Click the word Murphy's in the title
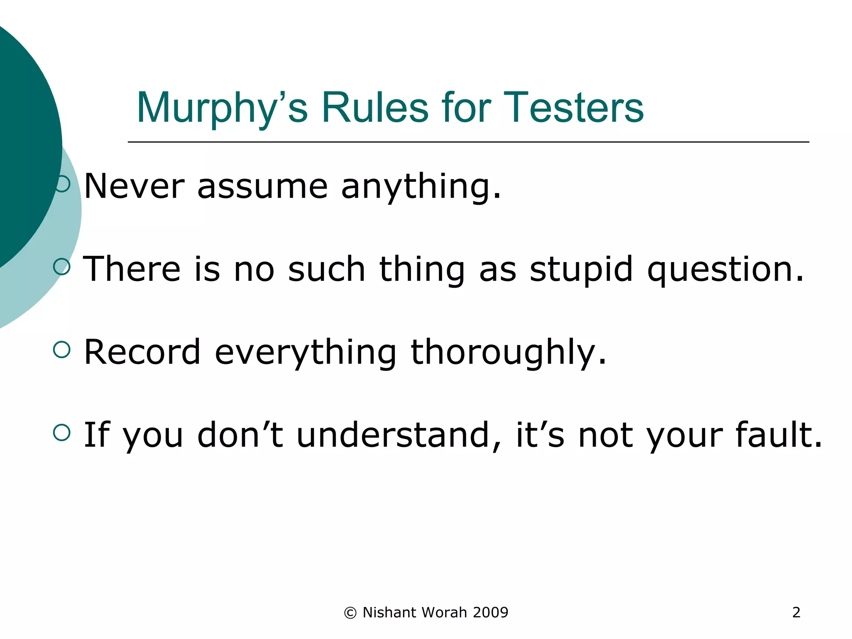pyautogui.click(x=222, y=108)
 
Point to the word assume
pyautogui.click(x=263, y=187)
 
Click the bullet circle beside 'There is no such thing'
pyautogui.click(x=62, y=267)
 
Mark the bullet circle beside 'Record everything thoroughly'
pyautogui.click(x=62, y=349)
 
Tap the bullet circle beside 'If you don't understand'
pyautogui.click(x=62, y=433)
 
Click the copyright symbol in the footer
pyautogui.click(x=350, y=613)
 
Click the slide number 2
pyautogui.click(x=796, y=612)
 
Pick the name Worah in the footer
pyautogui.click(x=444, y=612)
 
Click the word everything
pyautogui.click(x=305, y=353)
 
